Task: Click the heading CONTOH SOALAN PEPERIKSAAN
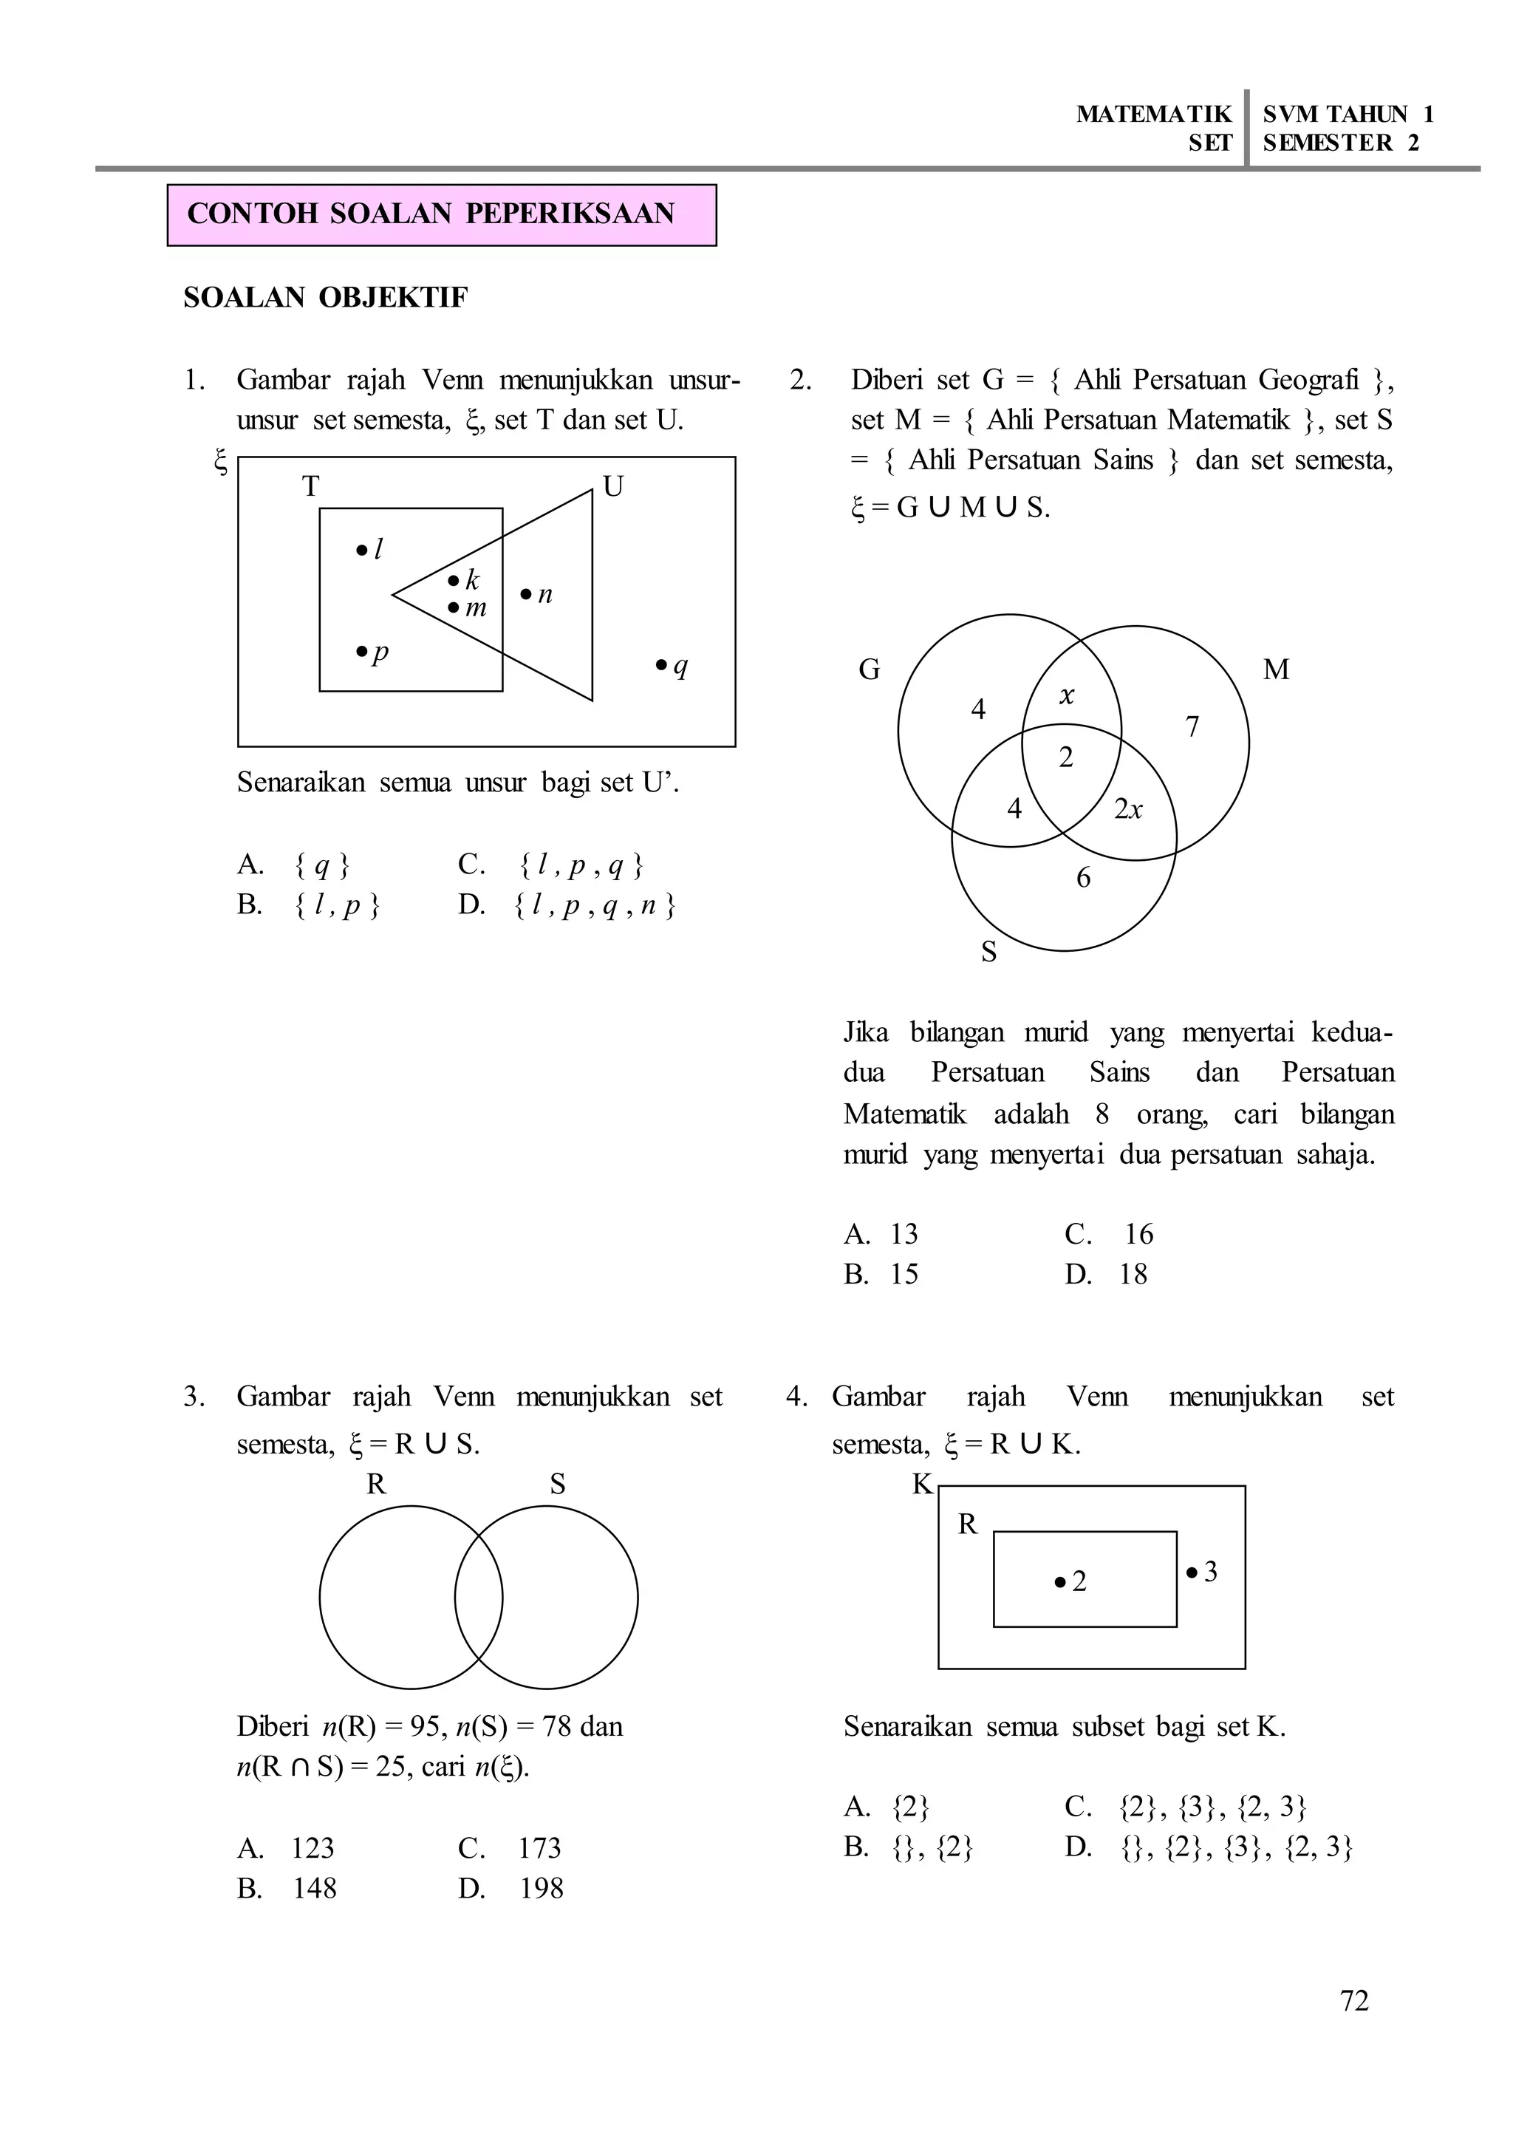431,214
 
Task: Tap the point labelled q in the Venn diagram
672,666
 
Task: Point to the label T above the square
310,486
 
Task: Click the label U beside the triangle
613,486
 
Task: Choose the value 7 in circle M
1192,727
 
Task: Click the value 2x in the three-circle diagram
1128,809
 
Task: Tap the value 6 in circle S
1084,878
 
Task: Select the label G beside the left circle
870,669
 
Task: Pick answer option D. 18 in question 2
1107,1274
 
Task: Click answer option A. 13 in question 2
881,1234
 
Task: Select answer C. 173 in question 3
510,1848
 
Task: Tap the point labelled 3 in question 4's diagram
1202,1572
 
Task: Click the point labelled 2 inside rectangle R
1070,1581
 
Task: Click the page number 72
1353,2001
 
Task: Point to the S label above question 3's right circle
557,1485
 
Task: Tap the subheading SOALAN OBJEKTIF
325,299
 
